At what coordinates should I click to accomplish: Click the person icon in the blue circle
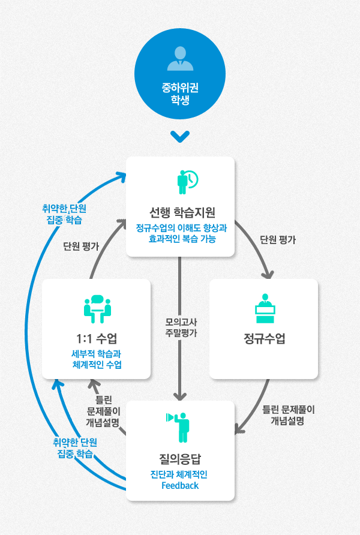coord(180,58)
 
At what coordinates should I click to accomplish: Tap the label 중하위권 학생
coord(180,94)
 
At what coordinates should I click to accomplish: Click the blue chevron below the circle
coord(180,137)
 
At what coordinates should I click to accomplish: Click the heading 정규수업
coord(263,339)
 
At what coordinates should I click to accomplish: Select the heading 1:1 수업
coord(96,338)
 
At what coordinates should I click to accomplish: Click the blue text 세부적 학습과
coord(96,353)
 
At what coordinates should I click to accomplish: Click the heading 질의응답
coord(180,460)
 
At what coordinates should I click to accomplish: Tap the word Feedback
coord(180,485)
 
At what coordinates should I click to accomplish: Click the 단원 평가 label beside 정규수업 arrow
coord(278,239)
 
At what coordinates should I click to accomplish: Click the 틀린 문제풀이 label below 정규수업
coord(288,416)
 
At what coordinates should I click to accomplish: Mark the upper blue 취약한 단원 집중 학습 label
coord(64,215)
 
